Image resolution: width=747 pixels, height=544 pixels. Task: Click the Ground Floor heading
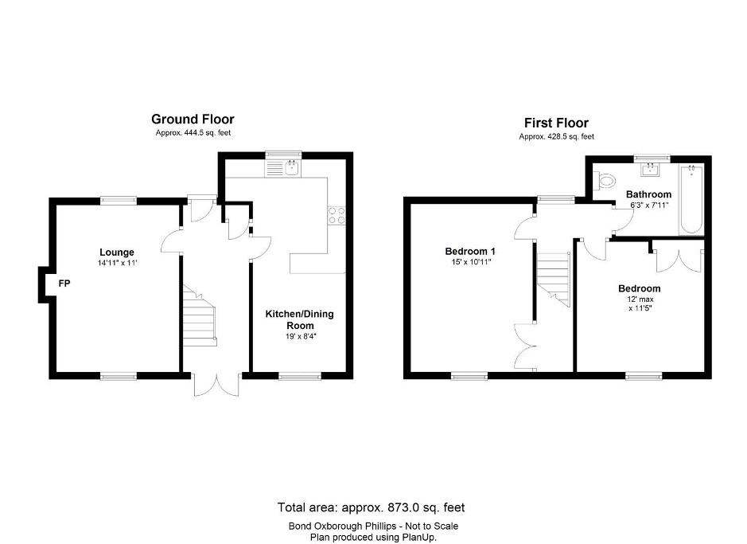[193, 119]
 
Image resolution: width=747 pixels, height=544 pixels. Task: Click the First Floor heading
[556, 123]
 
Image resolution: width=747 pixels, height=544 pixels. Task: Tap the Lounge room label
[117, 252]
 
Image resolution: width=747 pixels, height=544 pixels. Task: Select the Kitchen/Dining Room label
[299, 319]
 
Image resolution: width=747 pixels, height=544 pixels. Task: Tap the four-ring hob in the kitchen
[336, 213]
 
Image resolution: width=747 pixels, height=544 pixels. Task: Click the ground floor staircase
[200, 315]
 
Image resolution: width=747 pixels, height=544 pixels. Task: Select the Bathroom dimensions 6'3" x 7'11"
[648, 205]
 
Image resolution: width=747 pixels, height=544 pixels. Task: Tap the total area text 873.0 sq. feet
[371, 507]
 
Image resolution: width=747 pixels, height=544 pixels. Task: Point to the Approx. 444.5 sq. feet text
[193, 133]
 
